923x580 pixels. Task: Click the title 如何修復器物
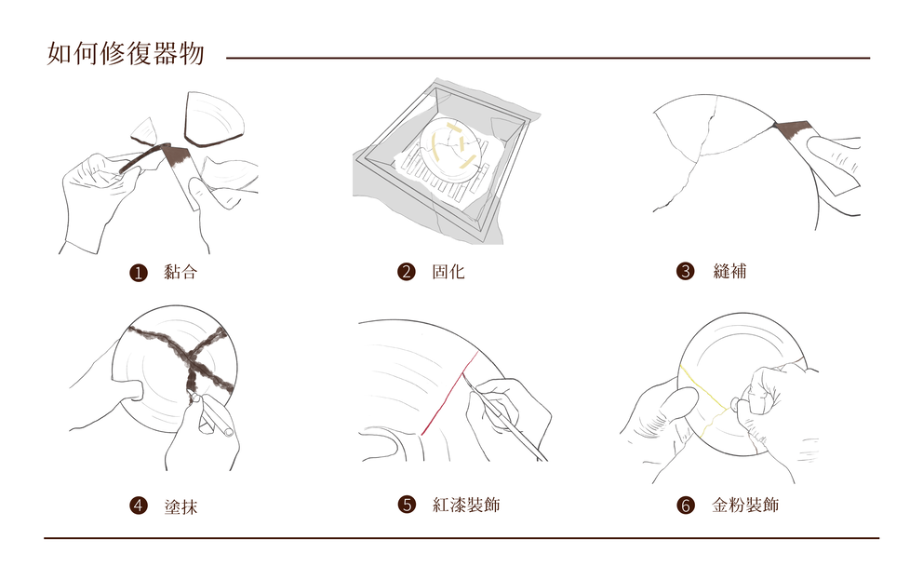pyautogui.click(x=125, y=54)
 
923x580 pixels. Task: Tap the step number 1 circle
pyautogui.click(x=139, y=273)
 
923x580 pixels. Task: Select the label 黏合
pyautogui.click(x=180, y=273)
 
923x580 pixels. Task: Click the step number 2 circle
pyautogui.click(x=406, y=272)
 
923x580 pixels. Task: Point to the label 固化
pyautogui.click(x=448, y=272)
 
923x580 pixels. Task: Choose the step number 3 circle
pyautogui.click(x=686, y=271)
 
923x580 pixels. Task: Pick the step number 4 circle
pyautogui.click(x=139, y=506)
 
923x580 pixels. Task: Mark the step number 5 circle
pyautogui.click(x=407, y=505)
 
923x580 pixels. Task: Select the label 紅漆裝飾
pyautogui.click(x=466, y=505)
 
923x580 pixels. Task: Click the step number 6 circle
pyautogui.click(x=686, y=506)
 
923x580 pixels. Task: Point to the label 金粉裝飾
pyautogui.click(x=745, y=506)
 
